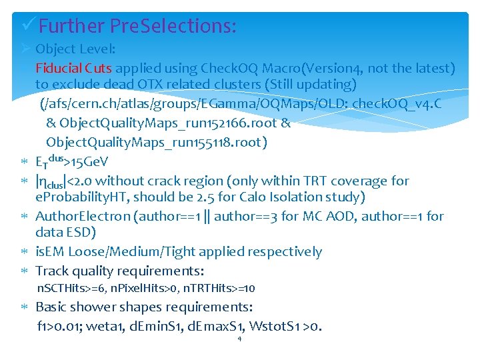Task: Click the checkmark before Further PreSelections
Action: pos(29,26)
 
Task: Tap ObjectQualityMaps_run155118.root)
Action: pos(156,142)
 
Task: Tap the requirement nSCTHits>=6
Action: pos(68,289)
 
